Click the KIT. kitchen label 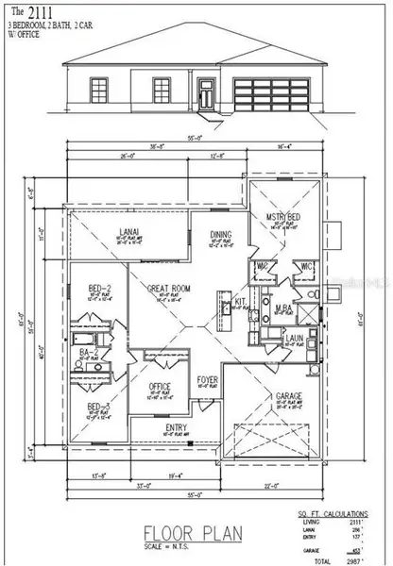pos(240,302)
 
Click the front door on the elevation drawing pos(204,94)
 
